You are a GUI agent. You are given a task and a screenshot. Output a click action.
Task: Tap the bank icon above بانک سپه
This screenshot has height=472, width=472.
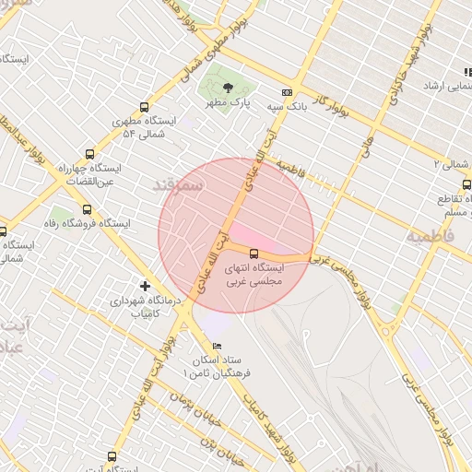287,92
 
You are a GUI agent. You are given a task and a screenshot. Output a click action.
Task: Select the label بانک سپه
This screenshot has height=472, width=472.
287,107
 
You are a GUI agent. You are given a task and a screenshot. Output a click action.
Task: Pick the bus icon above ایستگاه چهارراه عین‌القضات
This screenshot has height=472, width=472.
89,154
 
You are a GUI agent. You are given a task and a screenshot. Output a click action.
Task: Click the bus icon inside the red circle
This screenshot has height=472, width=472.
254,253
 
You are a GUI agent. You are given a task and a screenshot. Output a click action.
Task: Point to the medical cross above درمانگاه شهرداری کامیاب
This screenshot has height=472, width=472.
144,286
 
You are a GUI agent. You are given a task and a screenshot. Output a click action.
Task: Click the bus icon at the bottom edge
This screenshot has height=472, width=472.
112,455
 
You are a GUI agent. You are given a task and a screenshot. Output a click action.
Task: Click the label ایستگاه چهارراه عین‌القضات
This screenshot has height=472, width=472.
88,175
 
